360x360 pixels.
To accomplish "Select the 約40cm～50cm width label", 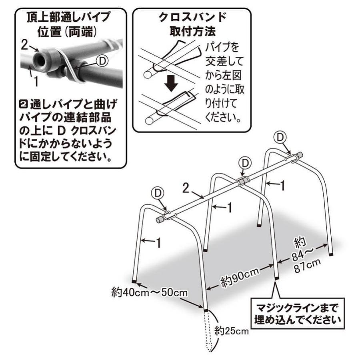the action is point(150,292).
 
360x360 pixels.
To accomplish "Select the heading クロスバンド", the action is point(192,18).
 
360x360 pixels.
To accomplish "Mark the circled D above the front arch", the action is point(158,193).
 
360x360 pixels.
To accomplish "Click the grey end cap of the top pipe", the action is point(159,219).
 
